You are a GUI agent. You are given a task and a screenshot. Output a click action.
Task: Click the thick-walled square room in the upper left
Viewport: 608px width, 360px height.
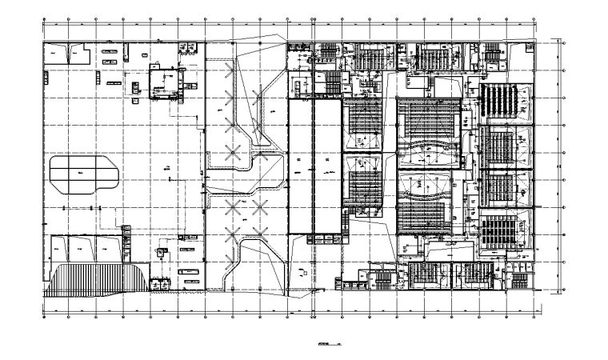(x=167, y=82)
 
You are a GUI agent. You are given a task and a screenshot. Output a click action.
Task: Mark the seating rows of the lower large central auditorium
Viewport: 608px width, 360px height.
(x=425, y=213)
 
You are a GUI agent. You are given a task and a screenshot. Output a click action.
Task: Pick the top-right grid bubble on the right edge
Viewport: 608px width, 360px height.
(x=565, y=43)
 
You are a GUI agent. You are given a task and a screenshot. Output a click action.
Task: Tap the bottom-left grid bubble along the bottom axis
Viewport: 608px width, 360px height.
(x=43, y=318)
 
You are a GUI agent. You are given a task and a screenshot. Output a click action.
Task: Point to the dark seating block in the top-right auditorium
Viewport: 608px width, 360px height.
(x=504, y=100)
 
